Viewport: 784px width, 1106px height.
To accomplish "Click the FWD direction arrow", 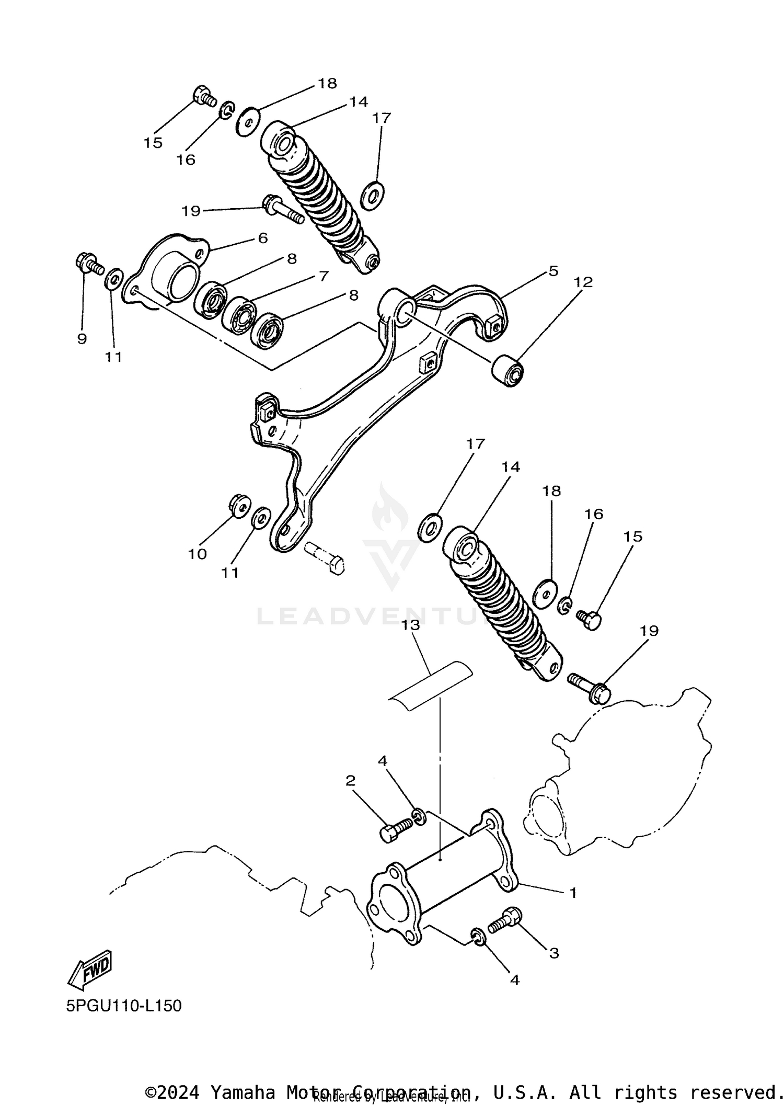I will (x=90, y=969).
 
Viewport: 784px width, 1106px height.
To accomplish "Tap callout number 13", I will (x=411, y=625).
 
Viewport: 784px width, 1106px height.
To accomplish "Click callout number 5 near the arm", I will (x=553, y=270).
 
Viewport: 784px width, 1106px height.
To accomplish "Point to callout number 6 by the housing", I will (x=262, y=238).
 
